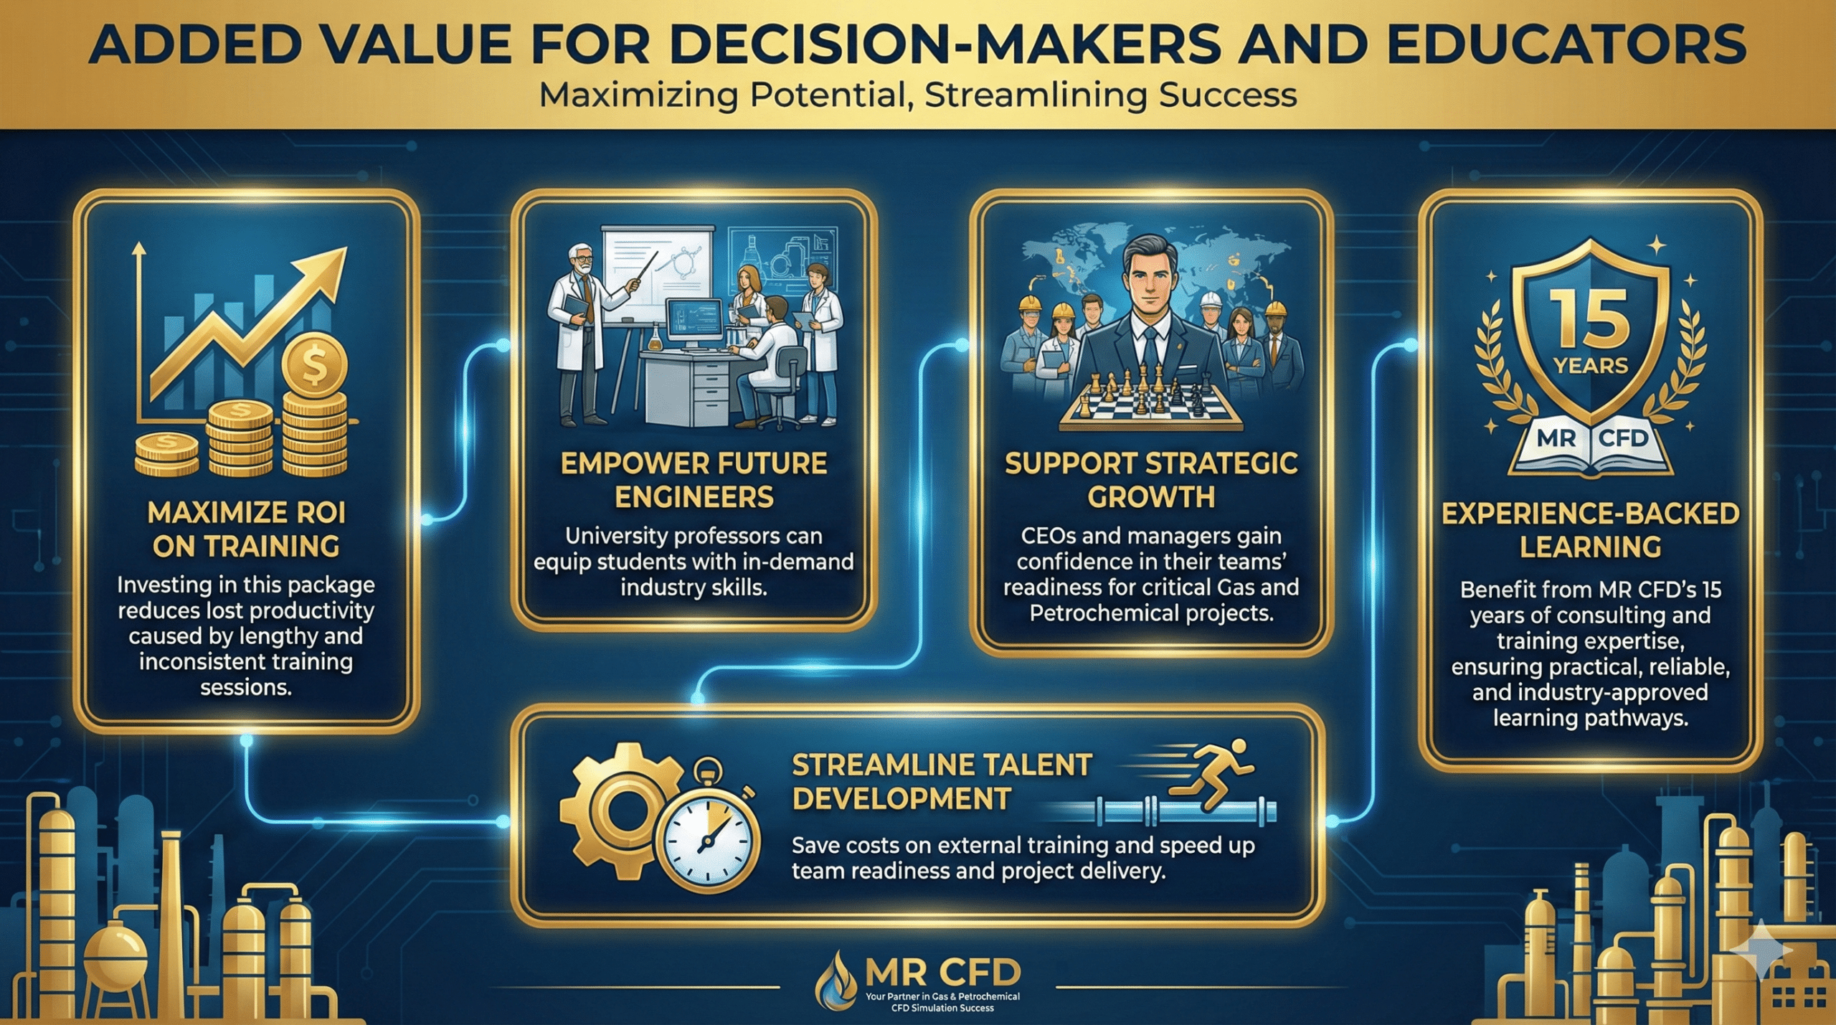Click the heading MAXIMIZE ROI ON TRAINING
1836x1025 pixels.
247,529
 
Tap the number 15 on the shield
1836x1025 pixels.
1590,320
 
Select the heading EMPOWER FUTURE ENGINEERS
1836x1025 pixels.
694,480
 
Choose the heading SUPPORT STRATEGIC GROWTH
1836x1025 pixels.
1151,480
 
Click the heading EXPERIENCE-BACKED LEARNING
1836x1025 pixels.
1591,530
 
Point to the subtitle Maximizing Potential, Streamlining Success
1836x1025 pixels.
918,95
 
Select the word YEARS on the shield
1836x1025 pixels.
1591,366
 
